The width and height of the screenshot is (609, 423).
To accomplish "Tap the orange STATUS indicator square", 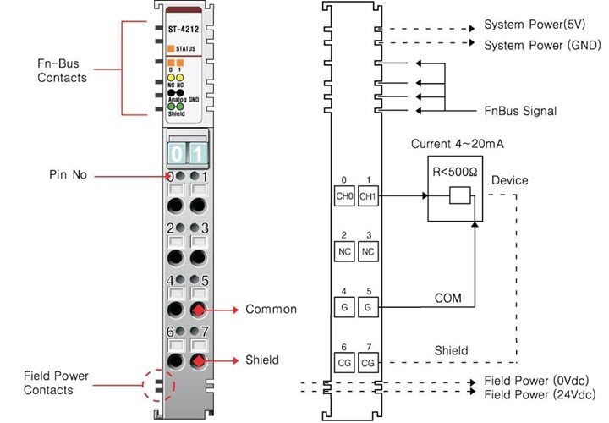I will point(171,49).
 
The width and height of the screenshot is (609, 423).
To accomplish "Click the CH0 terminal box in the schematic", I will point(343,197).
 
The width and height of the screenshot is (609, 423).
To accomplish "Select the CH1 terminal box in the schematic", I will point(367,197).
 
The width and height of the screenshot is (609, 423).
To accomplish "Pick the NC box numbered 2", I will point(343,252).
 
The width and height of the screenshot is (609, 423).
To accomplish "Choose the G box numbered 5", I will point(367,306).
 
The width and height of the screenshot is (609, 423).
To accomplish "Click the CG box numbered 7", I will point(367,362).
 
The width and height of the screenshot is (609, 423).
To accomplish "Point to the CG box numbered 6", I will point(343,362).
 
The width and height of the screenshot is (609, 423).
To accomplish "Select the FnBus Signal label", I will point(519,111).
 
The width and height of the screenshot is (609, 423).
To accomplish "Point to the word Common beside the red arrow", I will point(271,310).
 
